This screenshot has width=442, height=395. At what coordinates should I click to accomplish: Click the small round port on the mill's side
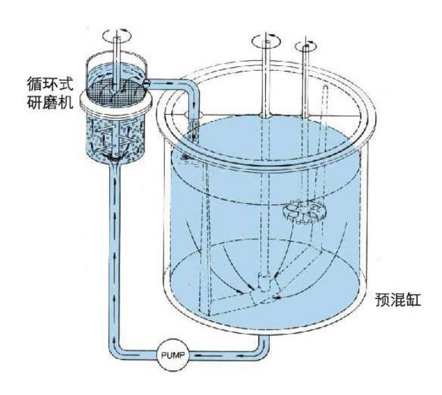click(146, 82)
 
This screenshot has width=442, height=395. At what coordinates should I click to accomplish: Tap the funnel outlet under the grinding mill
click(114, 160)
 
